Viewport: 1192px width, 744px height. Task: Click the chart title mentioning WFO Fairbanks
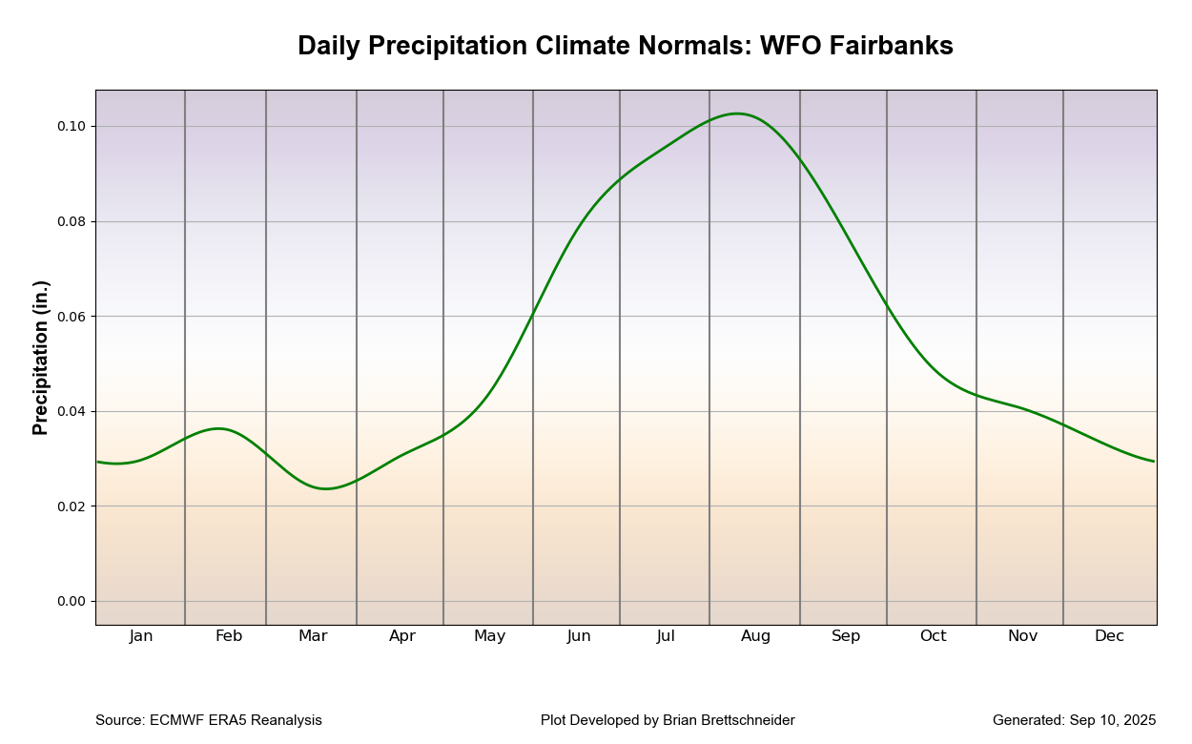pos(625,46)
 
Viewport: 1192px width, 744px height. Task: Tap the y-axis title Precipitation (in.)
pos(41,358)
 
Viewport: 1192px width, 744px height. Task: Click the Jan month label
pos(141,636)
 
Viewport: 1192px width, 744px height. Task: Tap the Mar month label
pos(313,636)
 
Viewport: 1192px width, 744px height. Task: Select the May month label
pos(489,636)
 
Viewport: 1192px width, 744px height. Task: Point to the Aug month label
pos(755,636)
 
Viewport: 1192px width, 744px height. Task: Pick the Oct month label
pos(933,636)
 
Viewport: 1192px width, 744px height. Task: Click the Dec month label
pos(1109,636)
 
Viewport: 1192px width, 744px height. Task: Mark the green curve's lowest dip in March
pos(326,488)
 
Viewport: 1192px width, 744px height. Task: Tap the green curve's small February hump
pos(219,428)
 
